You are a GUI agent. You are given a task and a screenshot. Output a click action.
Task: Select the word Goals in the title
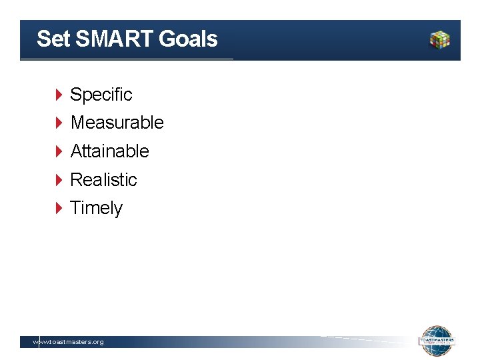coord(189,39)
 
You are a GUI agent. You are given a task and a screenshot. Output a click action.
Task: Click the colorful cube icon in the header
coord(439,39)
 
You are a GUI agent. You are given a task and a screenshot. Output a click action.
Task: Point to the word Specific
coord(101,95)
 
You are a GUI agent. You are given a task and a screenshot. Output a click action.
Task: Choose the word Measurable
coord(117,123)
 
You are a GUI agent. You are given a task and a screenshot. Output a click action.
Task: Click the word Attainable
coord(109,151)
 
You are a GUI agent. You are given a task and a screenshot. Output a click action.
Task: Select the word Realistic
coord(103,180)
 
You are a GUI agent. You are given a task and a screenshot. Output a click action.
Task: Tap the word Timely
coord(97,208)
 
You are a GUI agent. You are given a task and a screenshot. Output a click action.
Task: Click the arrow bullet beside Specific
coord(59,95)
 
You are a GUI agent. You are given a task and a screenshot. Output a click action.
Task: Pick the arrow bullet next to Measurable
coord(59,123)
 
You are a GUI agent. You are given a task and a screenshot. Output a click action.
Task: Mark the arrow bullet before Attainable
coord(59,151)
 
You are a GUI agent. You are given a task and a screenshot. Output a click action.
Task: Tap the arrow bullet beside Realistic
coord(59,180)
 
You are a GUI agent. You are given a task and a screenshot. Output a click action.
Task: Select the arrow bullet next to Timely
coord(59,208)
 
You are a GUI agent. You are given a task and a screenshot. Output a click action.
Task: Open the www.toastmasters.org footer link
coord(69,342)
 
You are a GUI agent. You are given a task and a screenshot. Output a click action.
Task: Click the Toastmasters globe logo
coord(437,341)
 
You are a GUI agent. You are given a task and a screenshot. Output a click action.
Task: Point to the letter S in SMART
coord(83,39)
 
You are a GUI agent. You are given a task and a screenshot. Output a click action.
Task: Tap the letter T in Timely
coord(75,208)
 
